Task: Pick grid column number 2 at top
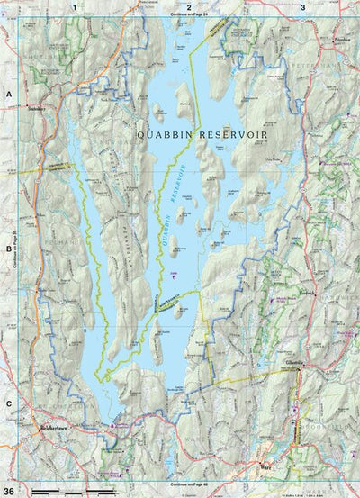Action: (x=188, y=5)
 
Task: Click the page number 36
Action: (x=9, y=491)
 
